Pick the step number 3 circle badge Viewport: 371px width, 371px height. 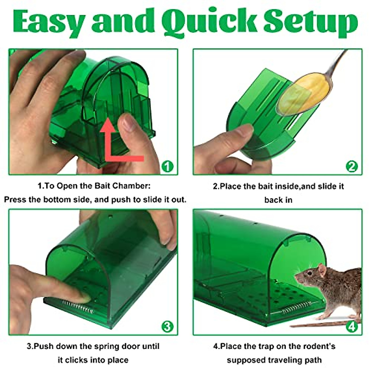(x=168, y=326)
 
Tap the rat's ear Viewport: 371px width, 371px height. (x=322, y=270)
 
